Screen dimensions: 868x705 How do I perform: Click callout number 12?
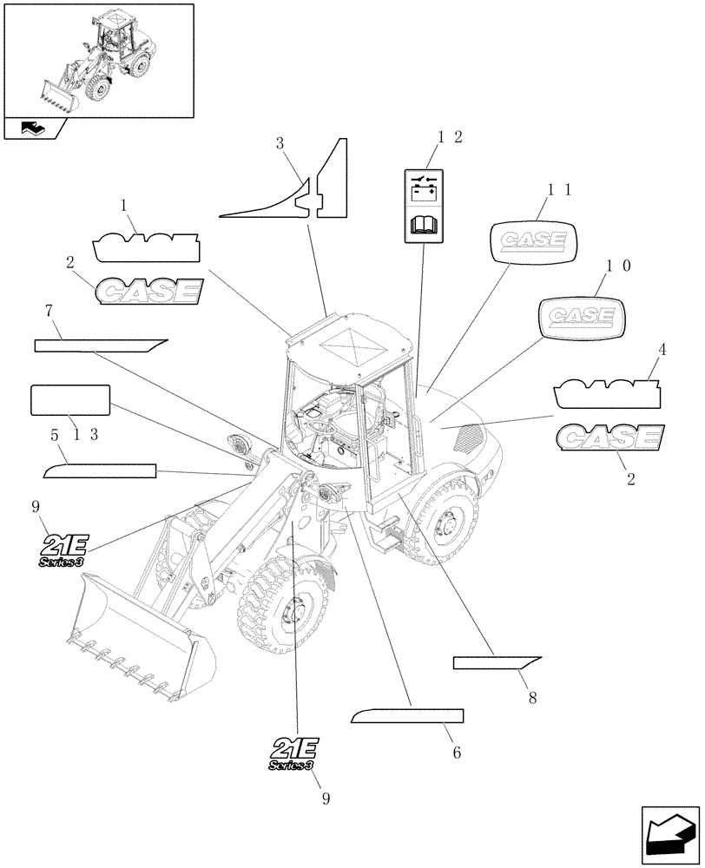[450, 136]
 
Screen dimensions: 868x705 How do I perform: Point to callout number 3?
[280, 143]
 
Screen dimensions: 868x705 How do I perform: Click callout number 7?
[49, 310]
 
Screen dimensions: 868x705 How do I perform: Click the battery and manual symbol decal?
[425, 205]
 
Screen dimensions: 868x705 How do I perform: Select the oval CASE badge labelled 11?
[533, 240]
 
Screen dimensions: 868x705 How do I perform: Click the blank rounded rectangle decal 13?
[69, 402]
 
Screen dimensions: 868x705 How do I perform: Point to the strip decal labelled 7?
[99, 345]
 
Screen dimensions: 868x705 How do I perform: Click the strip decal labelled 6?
[406, 716]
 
